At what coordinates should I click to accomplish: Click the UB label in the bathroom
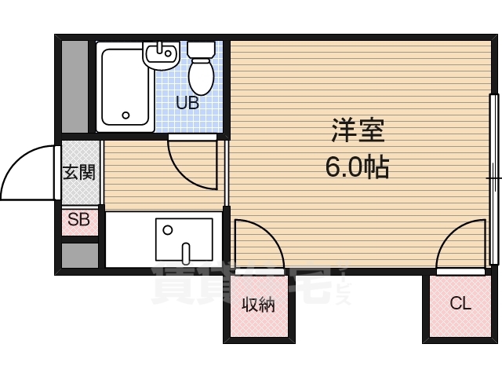[x=187, y=102]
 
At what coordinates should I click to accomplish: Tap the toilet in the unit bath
[x=202, y=74]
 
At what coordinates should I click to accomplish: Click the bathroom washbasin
[x=161, y=57]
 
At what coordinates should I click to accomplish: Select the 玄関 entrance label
[x=80, y=172]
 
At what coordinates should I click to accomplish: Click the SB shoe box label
[x=78, y=220]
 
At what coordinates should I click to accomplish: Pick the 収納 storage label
[x=258, y=306]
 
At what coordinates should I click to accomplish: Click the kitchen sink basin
[x=184, y=239]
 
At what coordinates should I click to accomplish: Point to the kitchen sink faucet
[x=186, y=253]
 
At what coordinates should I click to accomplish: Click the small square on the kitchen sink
[x=167, y=230]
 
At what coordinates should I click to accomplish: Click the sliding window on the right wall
[x=493, y=180]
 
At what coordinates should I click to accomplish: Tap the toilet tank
[x=201, y=49]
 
